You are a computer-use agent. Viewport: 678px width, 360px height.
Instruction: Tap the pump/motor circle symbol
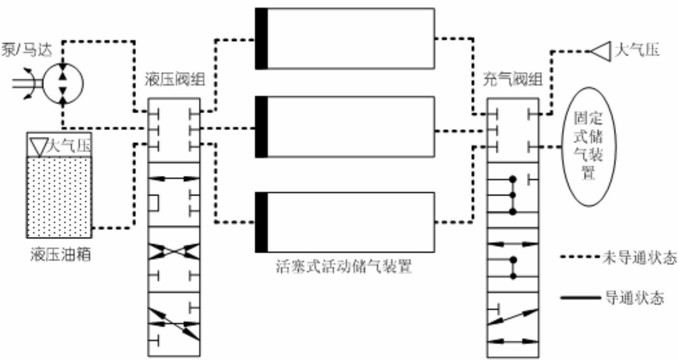[x=63, y=84]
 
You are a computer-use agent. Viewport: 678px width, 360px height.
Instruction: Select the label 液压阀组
[x=175, y=80]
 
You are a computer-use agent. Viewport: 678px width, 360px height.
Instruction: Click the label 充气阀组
[x=513, y=80]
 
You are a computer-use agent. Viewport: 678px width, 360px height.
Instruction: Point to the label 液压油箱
[x=61, y=254]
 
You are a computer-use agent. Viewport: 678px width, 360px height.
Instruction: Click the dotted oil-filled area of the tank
[x=59, y=197]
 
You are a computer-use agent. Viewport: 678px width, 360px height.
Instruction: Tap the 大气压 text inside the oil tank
[x=69, y=146]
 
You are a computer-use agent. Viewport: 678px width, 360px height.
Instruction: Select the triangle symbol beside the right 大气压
[x=600, y=51]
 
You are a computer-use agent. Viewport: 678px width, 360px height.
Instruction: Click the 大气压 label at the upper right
[x=637, y=50]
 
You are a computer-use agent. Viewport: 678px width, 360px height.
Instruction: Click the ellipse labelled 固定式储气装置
[x=589, y=147]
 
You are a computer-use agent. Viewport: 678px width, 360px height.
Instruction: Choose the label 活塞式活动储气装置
[x=344, y=267]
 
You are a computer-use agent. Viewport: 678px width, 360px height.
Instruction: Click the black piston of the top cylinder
[x=261, y=39]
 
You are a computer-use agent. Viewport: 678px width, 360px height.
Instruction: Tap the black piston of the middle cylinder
[x=261, y=127]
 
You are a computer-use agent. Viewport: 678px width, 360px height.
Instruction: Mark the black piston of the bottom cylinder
[x=261, y=222]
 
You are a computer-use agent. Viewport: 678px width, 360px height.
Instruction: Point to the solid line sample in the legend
[x=580, y=298]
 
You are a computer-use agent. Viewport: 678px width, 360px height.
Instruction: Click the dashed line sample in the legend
[x=580, y=257]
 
